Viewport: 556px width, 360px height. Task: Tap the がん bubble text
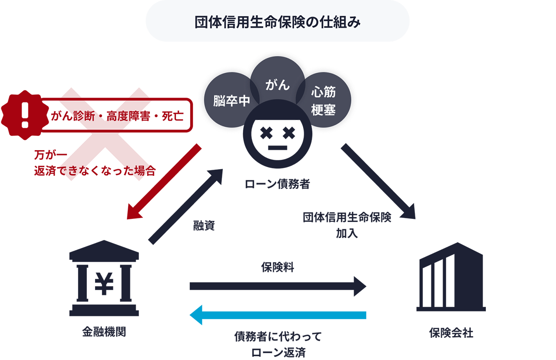click(x=278, y=85)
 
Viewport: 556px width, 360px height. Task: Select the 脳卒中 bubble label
click(x=232, y=101)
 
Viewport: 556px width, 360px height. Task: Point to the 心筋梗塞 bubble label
click(x=323, y=101)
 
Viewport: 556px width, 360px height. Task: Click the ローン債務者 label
click(x=277, y=185)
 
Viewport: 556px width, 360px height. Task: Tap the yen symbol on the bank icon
click(x=104, y=284)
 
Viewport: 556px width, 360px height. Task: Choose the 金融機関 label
click(x=104, y=333)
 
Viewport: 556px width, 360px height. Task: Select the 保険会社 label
click(x=451, y=333)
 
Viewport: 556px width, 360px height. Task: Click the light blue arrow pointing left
click(x=278, y=315)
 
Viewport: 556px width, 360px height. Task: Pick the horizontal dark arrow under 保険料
click(x=278, y=286)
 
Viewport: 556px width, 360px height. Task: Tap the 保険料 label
click(x=278, y=267)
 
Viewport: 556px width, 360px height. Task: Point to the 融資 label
click(x=204, y=226)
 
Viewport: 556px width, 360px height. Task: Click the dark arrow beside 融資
click(x=185, y=206)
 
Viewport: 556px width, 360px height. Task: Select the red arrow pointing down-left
click(x=164, y=182)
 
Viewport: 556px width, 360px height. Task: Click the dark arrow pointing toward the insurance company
click(x=377, y=181)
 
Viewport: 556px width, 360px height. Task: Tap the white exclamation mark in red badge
click(x=25, y=115)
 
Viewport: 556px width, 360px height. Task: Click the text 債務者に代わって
click(x=278, y=337)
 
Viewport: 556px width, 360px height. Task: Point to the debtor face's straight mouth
click(x=278, y=148)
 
